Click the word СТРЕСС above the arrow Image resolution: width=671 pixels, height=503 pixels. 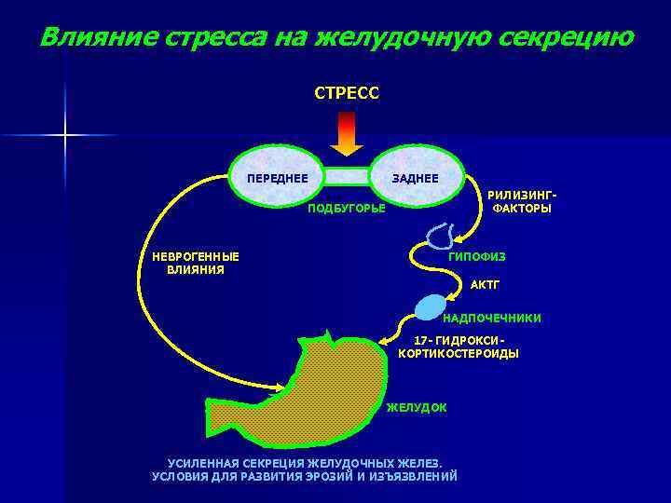click(347, 93)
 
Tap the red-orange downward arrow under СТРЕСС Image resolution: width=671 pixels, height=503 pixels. click(347, 132)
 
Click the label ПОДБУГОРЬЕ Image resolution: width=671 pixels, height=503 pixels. click(346, 207)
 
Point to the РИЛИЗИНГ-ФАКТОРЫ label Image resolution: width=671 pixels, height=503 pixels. click(522, 202)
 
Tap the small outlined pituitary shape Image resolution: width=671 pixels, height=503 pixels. click(435, 235)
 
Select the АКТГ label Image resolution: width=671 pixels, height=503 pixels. click(486, 284)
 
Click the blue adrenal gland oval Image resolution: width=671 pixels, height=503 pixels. click(431, 306)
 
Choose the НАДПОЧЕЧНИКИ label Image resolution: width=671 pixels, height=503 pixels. click(491, 319)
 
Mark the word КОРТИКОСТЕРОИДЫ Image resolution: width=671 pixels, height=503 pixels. click(459, 354)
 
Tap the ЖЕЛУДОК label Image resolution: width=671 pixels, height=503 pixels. click(417, 408)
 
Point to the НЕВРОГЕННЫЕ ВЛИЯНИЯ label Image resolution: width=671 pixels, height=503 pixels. click(196, 263)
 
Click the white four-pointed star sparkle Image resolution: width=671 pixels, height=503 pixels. click(65, 136)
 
